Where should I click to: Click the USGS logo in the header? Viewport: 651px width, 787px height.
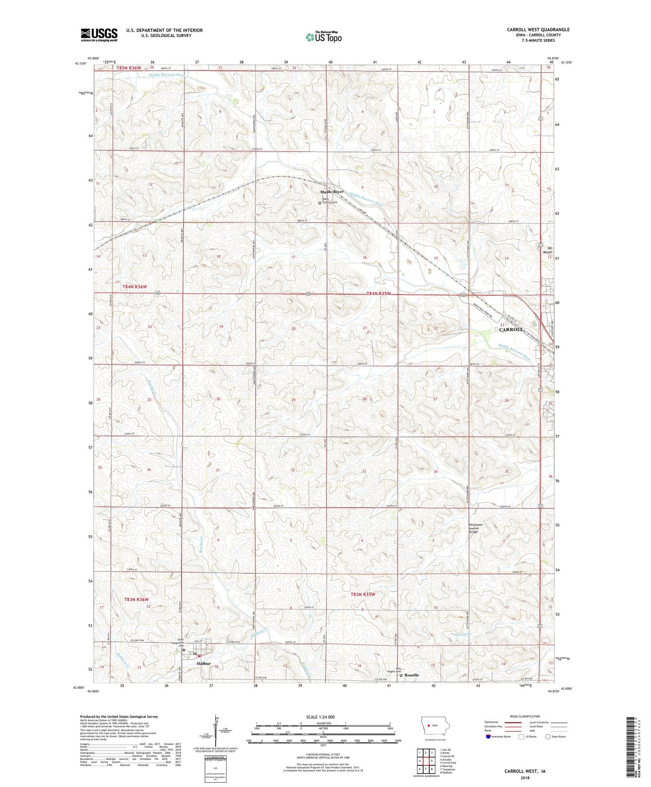(99, 35)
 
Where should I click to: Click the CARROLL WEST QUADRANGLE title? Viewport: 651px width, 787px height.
(538, 30)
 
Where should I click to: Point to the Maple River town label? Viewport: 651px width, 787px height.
(332, 191)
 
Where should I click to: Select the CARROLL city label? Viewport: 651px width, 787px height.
(511, 329)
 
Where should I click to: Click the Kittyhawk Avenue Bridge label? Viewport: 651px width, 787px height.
(476, 528)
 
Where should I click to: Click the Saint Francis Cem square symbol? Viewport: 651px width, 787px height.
(320, 203)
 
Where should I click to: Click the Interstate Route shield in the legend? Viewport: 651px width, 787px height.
(488, 737)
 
